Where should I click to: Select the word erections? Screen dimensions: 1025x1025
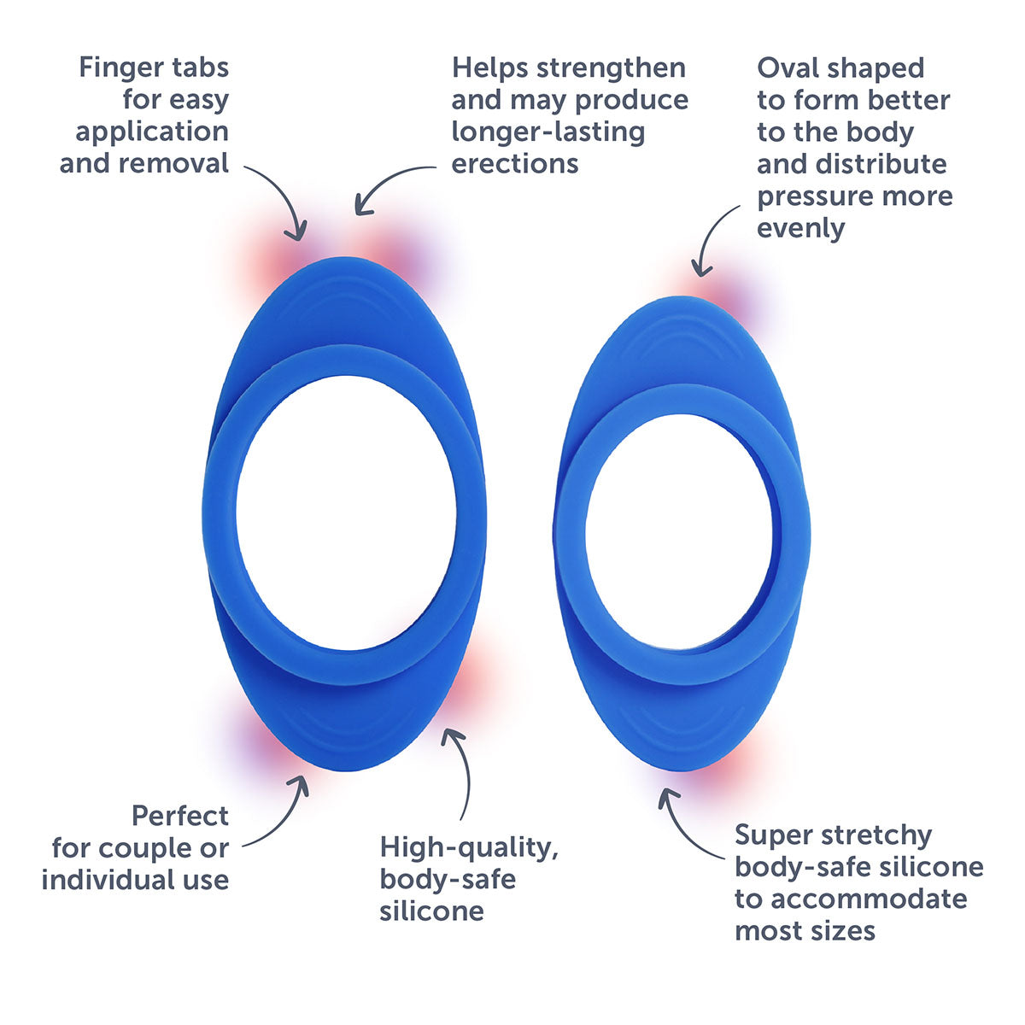pos(514,162)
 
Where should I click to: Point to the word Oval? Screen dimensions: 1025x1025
pos(787,68)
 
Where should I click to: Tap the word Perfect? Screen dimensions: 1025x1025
pos(180,816)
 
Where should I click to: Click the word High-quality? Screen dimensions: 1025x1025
pos(469,847)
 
